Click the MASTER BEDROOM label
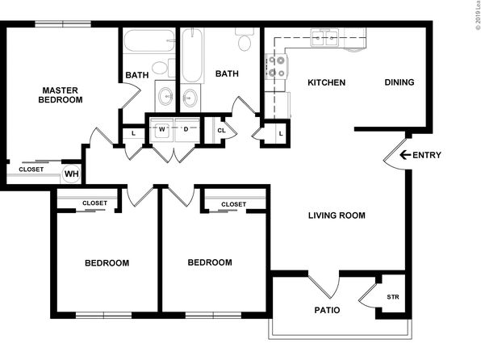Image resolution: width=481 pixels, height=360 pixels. click(x=61, y=95)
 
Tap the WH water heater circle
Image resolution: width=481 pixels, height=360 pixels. click(x=72, y=174)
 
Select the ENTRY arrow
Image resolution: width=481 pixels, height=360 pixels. click(x=405, y=155)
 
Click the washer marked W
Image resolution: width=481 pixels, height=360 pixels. click(x=161, y=129)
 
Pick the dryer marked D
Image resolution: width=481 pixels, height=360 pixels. click(x=186, y=129)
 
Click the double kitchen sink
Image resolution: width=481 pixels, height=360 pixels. click(x=324, y=38)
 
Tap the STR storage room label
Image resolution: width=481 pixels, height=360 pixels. click(x=393, y=297)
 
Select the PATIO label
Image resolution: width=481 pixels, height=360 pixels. click(x=328, y=310)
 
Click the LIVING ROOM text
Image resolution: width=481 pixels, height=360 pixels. click(x=337, y=216)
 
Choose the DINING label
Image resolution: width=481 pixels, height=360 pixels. click(x=399, y=82)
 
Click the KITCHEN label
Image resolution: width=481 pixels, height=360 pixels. click(x=326, y=82)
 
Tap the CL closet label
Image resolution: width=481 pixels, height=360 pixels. click(x=221, y=131)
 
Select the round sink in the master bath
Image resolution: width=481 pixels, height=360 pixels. click(x=165, y=96)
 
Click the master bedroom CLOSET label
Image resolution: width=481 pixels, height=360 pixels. click(x=31, y=170)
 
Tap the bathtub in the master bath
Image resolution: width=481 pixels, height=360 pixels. click(x=149, y=40)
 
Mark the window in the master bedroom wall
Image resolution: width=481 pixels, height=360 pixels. click(x=63, y=24)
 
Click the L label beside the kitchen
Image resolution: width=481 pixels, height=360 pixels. click(x=281, y=134)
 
